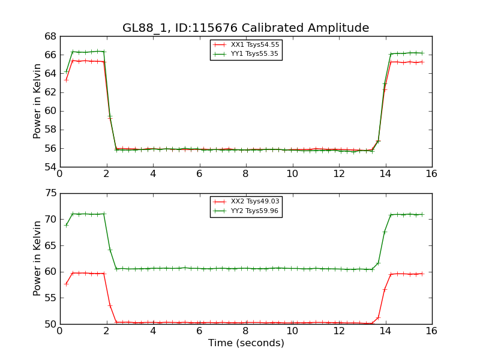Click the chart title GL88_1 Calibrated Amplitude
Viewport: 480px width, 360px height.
pos(245,28)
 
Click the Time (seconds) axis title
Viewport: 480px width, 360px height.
pos(246,343)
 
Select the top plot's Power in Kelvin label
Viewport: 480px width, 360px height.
pos(37,101)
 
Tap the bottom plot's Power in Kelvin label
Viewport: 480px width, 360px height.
pos(37,258)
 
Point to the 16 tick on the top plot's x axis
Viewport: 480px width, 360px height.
pos(431,174)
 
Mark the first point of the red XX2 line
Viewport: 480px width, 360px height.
pos(66,284)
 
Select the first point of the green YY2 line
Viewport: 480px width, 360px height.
pos(66,225)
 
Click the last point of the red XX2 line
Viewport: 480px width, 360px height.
pos(422,274)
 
